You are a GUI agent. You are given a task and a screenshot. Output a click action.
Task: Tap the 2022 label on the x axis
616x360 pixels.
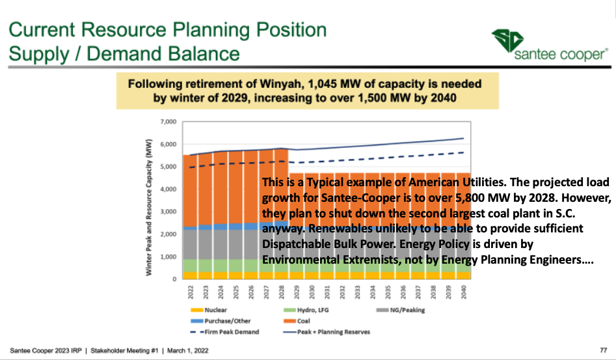pyautogui.click(x=190, y=291)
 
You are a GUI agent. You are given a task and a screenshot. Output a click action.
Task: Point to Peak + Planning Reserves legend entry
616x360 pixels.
pyautogui.click(x=334, y=332)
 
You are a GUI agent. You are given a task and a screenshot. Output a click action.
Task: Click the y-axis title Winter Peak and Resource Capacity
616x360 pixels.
pyautogui.click(x=149, y=206)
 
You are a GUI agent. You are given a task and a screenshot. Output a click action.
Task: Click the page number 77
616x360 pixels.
pyautogui.click(x=603, y=350)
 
